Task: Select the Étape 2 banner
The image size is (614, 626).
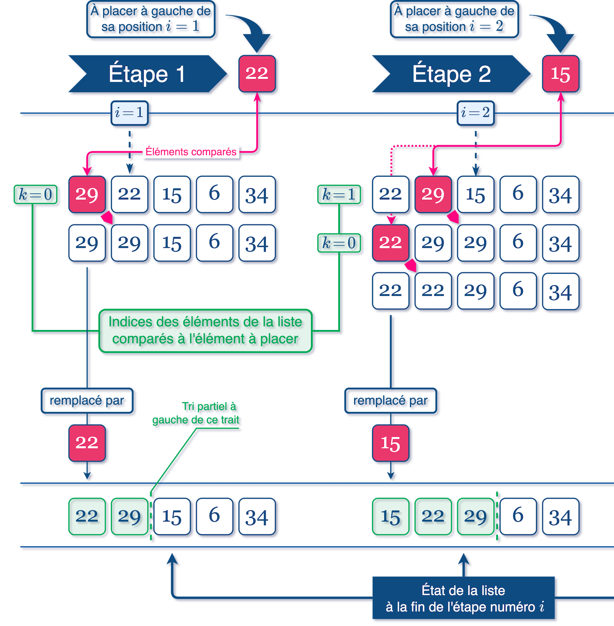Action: point(451,74)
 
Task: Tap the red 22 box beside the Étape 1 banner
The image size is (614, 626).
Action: point(257,74)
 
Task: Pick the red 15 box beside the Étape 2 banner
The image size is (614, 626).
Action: point(561,74)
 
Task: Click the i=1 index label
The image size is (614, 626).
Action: point(130,113)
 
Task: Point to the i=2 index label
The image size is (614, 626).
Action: point(476,113)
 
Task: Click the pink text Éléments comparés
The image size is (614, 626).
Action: point(191,152)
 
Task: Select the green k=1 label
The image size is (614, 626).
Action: point(339,194)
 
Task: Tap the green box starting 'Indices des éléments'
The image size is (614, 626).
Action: point(206,330)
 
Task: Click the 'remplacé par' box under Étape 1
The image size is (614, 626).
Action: point(87,400)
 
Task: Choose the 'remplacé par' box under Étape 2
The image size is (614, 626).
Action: point(391,400)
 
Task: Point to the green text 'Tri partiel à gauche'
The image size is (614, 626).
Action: point(196,413)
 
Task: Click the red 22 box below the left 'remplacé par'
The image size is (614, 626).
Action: point(87,443)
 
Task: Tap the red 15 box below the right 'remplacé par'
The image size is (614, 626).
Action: point(391,443)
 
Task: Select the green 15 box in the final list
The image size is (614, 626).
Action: point(391,516)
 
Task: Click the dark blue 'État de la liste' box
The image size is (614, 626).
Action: point(463,598)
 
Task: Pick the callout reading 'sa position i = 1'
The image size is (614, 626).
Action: point(151,19)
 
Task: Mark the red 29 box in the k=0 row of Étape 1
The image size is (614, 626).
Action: point(87,194)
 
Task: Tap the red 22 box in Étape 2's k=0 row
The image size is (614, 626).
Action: point(391,243)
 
